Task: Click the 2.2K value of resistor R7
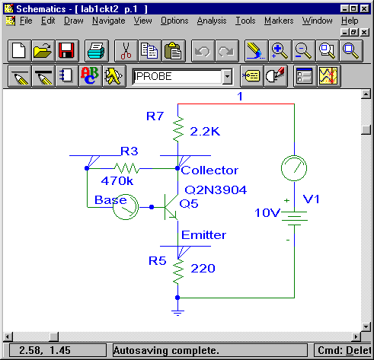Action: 205,132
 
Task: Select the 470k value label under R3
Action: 117,181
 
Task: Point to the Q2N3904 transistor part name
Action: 216,190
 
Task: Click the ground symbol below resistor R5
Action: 177,313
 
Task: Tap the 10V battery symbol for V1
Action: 295,218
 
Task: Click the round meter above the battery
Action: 294,168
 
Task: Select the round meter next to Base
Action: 126,207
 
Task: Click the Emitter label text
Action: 203,235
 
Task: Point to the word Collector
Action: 209,170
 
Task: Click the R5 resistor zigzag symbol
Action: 178,272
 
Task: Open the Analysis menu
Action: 212,21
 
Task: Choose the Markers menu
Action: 279,21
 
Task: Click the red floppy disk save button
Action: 67,51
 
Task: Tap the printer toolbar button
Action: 97,51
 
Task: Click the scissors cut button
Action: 126,51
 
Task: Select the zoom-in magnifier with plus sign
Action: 280,51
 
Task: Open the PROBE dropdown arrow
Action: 227,76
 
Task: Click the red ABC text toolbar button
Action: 91,76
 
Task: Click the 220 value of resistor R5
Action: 203,269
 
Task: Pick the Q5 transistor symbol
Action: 171,207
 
